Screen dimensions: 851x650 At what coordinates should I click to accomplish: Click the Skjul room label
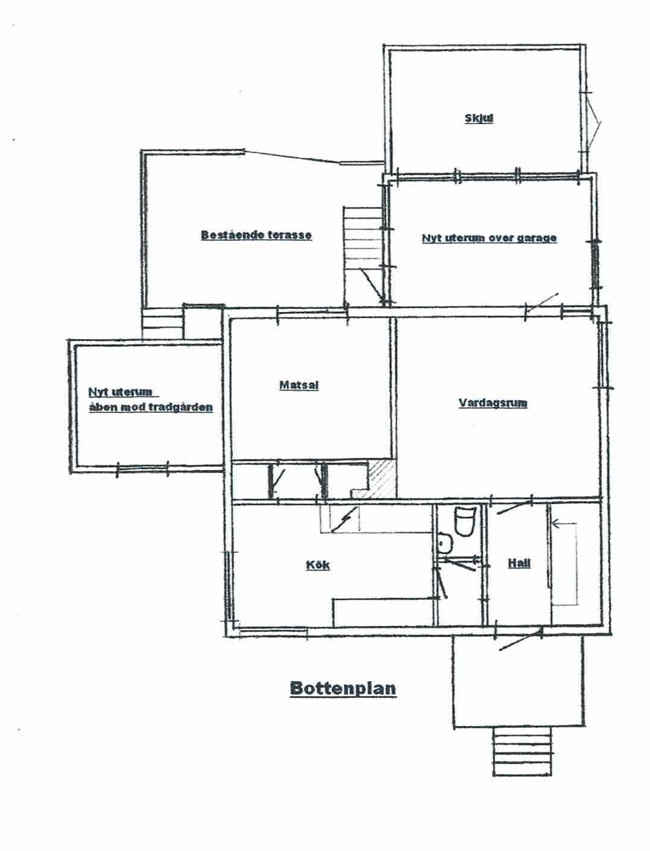(479, 119)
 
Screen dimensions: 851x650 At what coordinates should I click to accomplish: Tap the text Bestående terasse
(256, 235)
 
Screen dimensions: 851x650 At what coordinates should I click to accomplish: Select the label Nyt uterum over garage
(489, 238)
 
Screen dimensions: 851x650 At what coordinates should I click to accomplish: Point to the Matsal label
(299, 385)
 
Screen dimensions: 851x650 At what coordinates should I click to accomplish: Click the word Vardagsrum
(493, 403)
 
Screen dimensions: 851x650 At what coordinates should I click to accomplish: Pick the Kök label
(317, 565)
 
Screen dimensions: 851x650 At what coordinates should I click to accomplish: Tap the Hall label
(519, 563)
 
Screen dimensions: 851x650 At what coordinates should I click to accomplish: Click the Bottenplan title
(343, 688)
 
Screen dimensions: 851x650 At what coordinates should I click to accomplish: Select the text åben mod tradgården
(151, 407)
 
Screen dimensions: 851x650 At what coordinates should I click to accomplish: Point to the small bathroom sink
(445, 542)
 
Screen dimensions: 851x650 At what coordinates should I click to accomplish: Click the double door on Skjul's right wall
(593, 127)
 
